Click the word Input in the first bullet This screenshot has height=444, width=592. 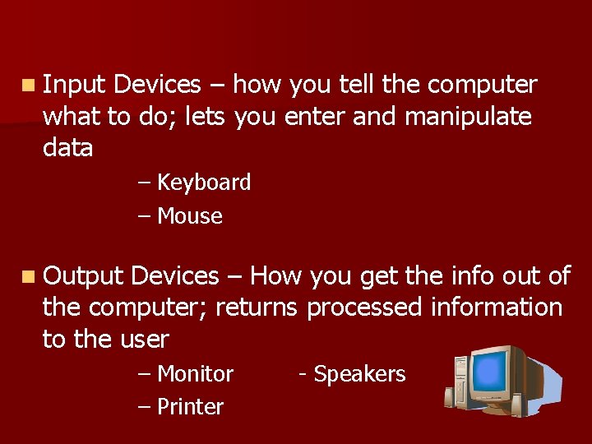coord(75,85)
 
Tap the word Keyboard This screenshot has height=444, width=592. coord(204,183)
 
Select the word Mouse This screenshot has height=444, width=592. coord(190,216)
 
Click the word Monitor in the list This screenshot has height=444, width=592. coord(196,374)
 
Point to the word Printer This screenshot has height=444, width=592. coord(190,407)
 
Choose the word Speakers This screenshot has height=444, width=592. coord(360,374)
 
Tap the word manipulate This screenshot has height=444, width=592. coord(469,117)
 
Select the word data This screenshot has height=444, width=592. coord(67,149)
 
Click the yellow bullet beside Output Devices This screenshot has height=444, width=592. coord(29,276)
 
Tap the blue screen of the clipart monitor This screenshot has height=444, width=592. coord(499,369)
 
